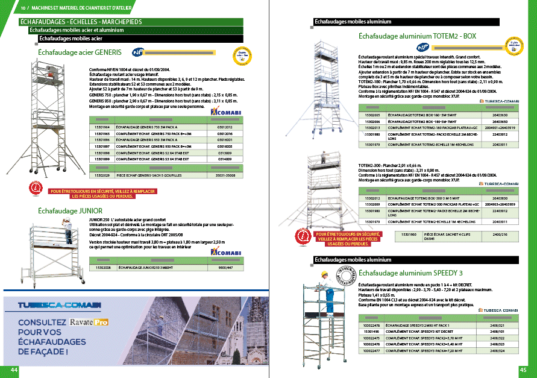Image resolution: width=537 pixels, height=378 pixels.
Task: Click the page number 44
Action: point(11,370)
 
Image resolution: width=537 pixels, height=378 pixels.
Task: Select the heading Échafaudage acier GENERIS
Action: point(80,52)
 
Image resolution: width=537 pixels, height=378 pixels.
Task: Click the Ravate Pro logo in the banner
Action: point(89,322)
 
